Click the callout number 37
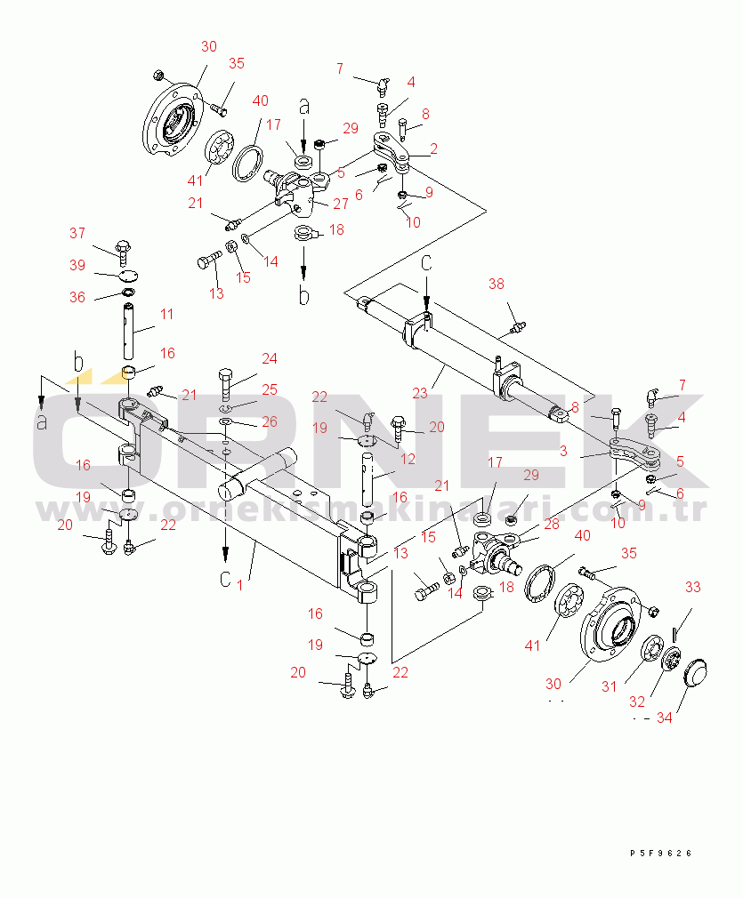[77, 234]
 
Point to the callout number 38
[497, 285]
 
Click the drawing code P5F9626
[660, 854]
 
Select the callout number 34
[664, 718]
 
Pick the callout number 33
[692, 587]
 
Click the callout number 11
[167, 315]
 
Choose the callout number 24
[269, 359]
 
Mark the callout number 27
[341, 204]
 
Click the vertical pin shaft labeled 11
[130, 332]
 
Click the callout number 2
[433, 149]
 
